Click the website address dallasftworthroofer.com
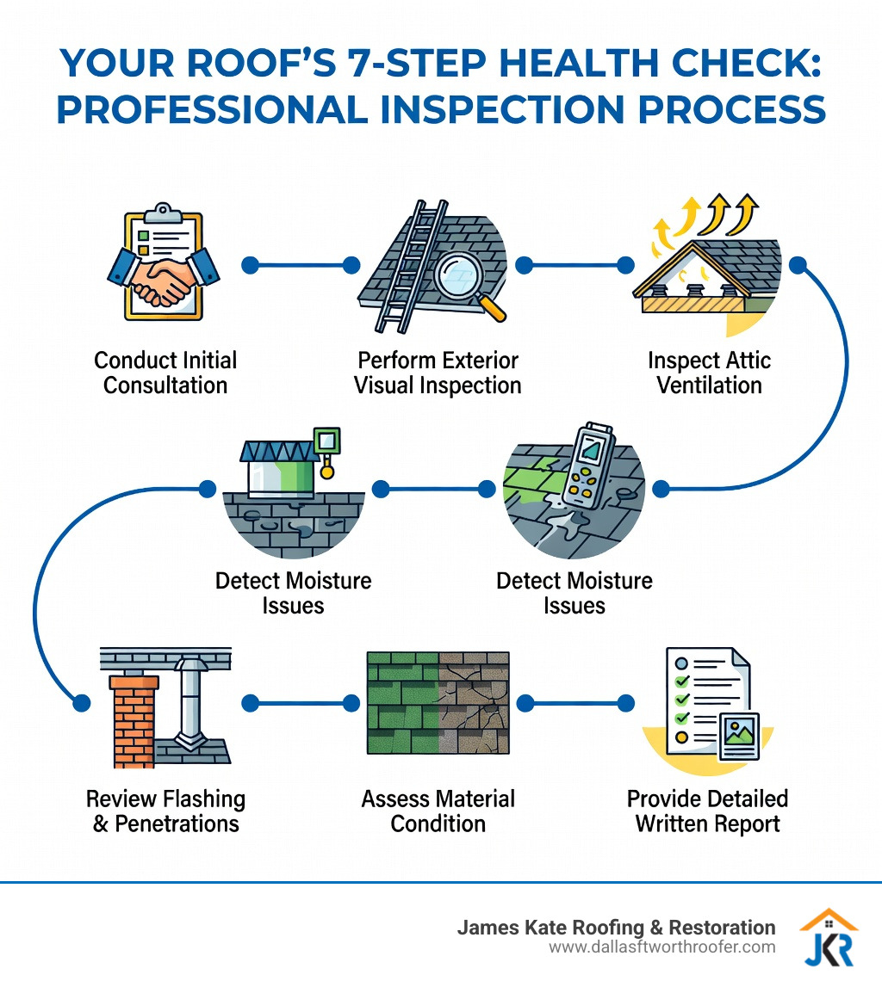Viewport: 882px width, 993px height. point(661,947)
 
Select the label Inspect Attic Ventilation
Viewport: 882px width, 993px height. point(709,372)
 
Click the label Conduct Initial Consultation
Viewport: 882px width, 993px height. point(165,372)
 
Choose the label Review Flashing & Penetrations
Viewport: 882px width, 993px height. point(165,811)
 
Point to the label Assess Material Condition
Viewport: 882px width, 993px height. point(438,811)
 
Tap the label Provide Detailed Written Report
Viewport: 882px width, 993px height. point(707,811)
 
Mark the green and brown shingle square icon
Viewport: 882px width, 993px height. point(438,709)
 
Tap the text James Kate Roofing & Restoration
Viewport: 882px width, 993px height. point(616,928)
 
